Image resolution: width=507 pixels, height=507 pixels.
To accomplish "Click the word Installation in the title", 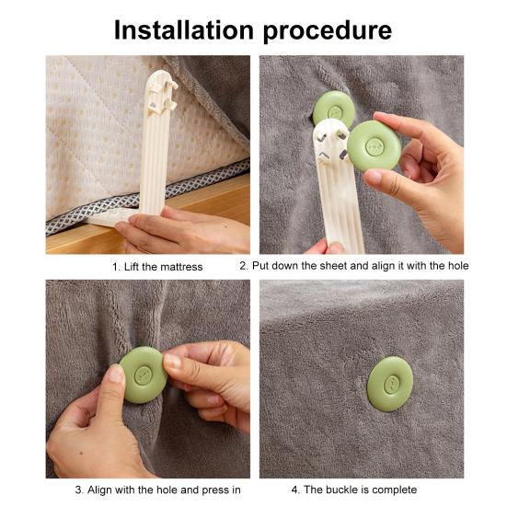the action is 184,29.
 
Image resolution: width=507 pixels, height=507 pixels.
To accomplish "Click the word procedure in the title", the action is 328,31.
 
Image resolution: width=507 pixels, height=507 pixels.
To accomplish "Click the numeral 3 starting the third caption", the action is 78,490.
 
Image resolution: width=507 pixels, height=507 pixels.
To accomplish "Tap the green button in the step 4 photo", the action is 390,384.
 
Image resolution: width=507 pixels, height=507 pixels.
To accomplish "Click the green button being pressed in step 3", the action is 144,374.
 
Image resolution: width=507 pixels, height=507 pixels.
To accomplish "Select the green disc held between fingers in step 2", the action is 374,146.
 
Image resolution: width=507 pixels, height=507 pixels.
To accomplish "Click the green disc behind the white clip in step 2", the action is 334,108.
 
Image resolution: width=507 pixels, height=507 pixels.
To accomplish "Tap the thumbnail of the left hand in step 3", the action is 116,374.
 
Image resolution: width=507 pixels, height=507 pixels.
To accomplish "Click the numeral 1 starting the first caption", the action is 116,267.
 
